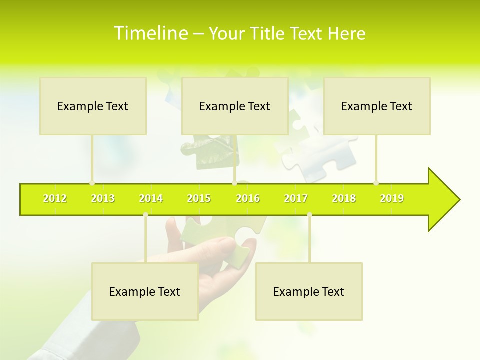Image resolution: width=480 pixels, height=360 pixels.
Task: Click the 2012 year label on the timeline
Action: point(55,198)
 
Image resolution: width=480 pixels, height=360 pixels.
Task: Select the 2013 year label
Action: point(103,198)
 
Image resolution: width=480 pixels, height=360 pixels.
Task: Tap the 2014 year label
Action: point(151,198)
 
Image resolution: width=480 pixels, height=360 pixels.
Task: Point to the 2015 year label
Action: point(199,198)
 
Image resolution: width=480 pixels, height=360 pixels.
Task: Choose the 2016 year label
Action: point(248,198)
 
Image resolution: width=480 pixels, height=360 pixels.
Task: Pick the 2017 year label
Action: point(296,198)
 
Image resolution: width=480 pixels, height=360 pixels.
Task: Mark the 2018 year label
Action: point(344,198)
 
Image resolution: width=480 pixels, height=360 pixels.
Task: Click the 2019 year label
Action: point(392,198)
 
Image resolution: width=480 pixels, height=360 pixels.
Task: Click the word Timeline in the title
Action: point(150,33)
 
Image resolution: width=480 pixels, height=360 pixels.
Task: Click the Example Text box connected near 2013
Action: point(93,106)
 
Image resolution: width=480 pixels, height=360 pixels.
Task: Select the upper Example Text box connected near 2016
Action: point(235,106)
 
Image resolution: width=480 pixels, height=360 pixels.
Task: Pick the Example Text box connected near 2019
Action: point(377,106)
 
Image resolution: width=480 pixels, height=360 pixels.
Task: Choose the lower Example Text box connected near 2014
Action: point(145,291)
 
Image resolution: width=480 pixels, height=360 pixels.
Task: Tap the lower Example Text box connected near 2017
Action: point(309,291)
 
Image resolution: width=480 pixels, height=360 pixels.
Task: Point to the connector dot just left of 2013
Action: point(92,183)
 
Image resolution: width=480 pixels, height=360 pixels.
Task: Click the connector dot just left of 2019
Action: point(376,183)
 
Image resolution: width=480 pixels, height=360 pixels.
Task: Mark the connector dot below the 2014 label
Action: point(145,215)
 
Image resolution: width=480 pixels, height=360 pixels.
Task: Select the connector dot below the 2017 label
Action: point(309,215)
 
